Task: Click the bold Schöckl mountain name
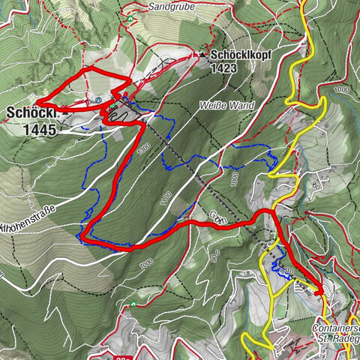coord(31,113)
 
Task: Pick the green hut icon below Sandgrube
coord(129,17)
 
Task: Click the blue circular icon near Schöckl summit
coord(98,100)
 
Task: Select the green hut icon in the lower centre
coord(133,304)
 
